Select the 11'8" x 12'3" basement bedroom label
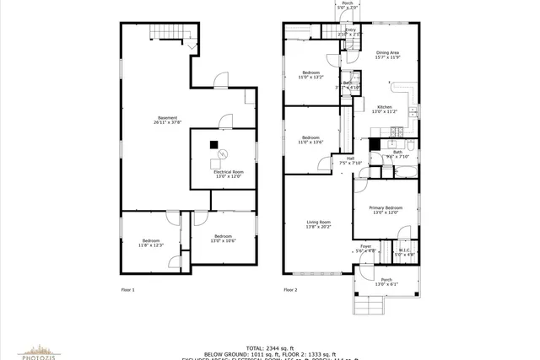(152, 242)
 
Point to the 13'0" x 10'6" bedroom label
(223, 238)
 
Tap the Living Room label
(318, 223)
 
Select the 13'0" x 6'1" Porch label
(386, 282)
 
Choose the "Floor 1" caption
(128, 289)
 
